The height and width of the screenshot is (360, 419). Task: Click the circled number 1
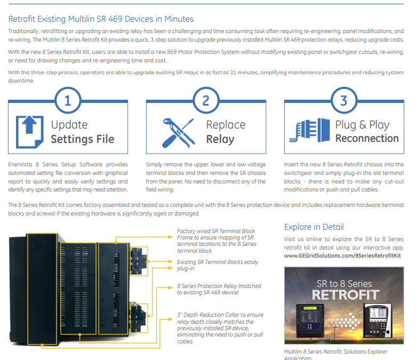click(x=67, y=100)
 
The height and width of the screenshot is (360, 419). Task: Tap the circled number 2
click(x=206, y=100)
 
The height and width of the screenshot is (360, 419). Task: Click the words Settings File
click(x=83, y=139)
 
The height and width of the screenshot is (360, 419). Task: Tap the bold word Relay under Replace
click(x=220, y=139)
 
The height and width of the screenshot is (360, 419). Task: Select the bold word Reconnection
click(x=367, y=138)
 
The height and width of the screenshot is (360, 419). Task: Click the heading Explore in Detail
click(x=314, y=227)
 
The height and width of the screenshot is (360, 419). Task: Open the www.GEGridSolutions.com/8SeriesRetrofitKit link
click(x=342, y=255)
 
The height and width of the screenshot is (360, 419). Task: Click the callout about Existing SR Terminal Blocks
click(x=217, y=265)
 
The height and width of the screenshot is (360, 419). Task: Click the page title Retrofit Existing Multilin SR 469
click(x=101, y=19)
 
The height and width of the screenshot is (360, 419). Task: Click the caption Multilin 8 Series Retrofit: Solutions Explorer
click(x=336, y=351)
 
